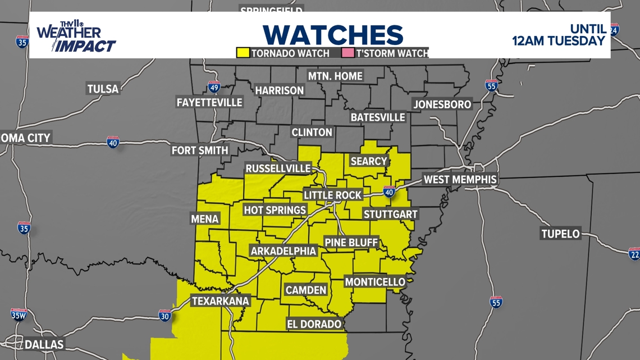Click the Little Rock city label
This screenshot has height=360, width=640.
pos(333,195)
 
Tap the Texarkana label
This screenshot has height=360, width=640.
pos(220,301)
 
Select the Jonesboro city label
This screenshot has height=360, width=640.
pos(442,104)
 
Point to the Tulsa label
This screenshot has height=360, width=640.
pos(103,89)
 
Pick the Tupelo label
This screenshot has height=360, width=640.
pos(560,234)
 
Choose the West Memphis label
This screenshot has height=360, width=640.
pos(460,180)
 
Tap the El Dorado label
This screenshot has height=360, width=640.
pos(314,324)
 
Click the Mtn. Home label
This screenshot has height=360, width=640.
pos(335,76)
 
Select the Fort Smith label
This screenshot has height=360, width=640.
pos(200,150)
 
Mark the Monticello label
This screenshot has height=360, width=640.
pos(374,281)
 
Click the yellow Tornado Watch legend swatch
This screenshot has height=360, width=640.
pos(243,53)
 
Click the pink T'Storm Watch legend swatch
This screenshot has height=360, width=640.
pos(348,53)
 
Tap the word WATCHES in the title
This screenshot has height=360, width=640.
pos(333,35)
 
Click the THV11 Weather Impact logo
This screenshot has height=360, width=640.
pos(76,37)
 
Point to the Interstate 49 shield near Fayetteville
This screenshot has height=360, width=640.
pos(214,87)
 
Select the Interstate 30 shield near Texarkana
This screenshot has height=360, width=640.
pos(164,316)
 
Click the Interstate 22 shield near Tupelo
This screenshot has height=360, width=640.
pos(634,254)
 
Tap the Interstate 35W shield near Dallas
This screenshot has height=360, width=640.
pos(19,315)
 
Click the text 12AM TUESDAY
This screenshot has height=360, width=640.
pos(559,41)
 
